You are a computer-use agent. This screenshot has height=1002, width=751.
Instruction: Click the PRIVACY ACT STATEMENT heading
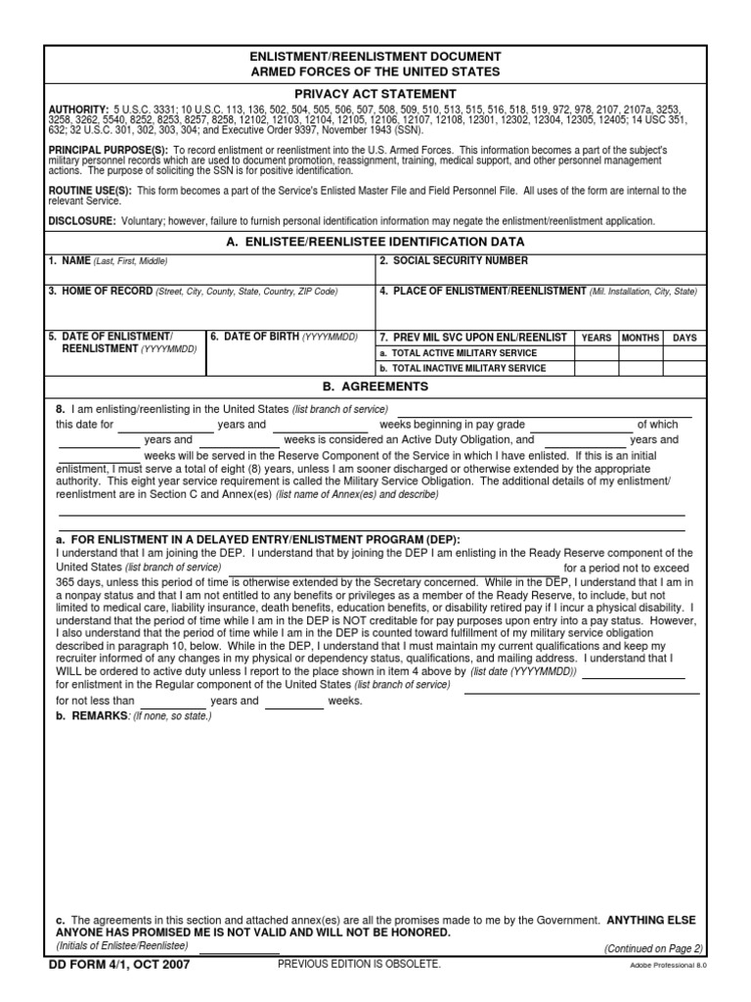375,93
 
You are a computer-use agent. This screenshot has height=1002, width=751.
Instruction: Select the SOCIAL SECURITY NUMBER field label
453,261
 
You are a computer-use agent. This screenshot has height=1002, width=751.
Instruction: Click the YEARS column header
596,338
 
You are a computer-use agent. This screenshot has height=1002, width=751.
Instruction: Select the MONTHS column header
641,338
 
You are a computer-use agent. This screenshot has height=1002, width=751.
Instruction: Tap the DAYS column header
685,338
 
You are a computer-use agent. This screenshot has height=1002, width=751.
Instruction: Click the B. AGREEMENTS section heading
375,387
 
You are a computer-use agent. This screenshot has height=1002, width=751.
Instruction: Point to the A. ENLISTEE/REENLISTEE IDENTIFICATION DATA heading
375,242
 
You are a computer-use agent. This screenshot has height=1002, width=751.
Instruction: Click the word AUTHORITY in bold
78,110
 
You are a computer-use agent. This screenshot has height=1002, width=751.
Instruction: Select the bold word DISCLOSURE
80,221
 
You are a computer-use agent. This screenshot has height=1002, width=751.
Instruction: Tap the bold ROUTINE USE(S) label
89,191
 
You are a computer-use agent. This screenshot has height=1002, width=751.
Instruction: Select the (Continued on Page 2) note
653,948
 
